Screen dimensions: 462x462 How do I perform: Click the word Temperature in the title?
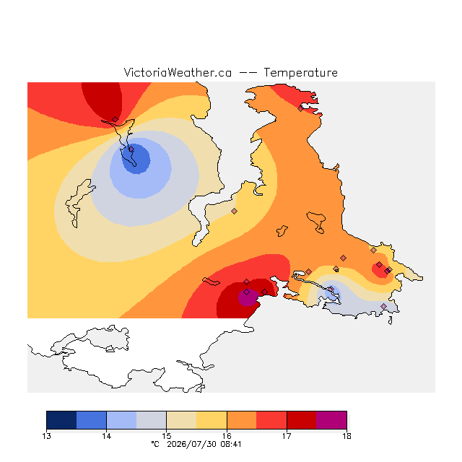coord(300,73)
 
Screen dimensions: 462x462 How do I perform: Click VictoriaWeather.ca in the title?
coord(178,73)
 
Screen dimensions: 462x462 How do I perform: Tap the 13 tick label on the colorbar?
coord(46,436)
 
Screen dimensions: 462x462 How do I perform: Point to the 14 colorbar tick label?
coord(106,436)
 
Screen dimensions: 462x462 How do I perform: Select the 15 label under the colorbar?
coord(167,436)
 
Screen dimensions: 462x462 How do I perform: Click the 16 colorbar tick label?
coord(227,436)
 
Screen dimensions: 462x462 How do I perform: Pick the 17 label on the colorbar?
coord(287,436)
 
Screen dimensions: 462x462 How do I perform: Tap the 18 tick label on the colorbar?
coord(346,436)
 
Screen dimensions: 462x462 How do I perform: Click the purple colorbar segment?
coord(331,420)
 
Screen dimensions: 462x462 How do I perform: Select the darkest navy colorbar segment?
coord(61,420)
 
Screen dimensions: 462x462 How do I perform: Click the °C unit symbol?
coord(155,444)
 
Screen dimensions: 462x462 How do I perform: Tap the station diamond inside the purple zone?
coord(247,292)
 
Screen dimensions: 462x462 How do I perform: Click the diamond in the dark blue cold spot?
coord(131,149)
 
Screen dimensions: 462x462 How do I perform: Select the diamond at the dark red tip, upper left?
coord(115,119)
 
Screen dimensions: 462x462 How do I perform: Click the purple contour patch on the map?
coord(248,297)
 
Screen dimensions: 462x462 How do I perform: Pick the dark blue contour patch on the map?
coord(136,160)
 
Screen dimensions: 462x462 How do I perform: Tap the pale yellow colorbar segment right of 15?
coord(181,420)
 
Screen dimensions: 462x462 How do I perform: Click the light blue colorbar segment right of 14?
coord(121,420)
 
